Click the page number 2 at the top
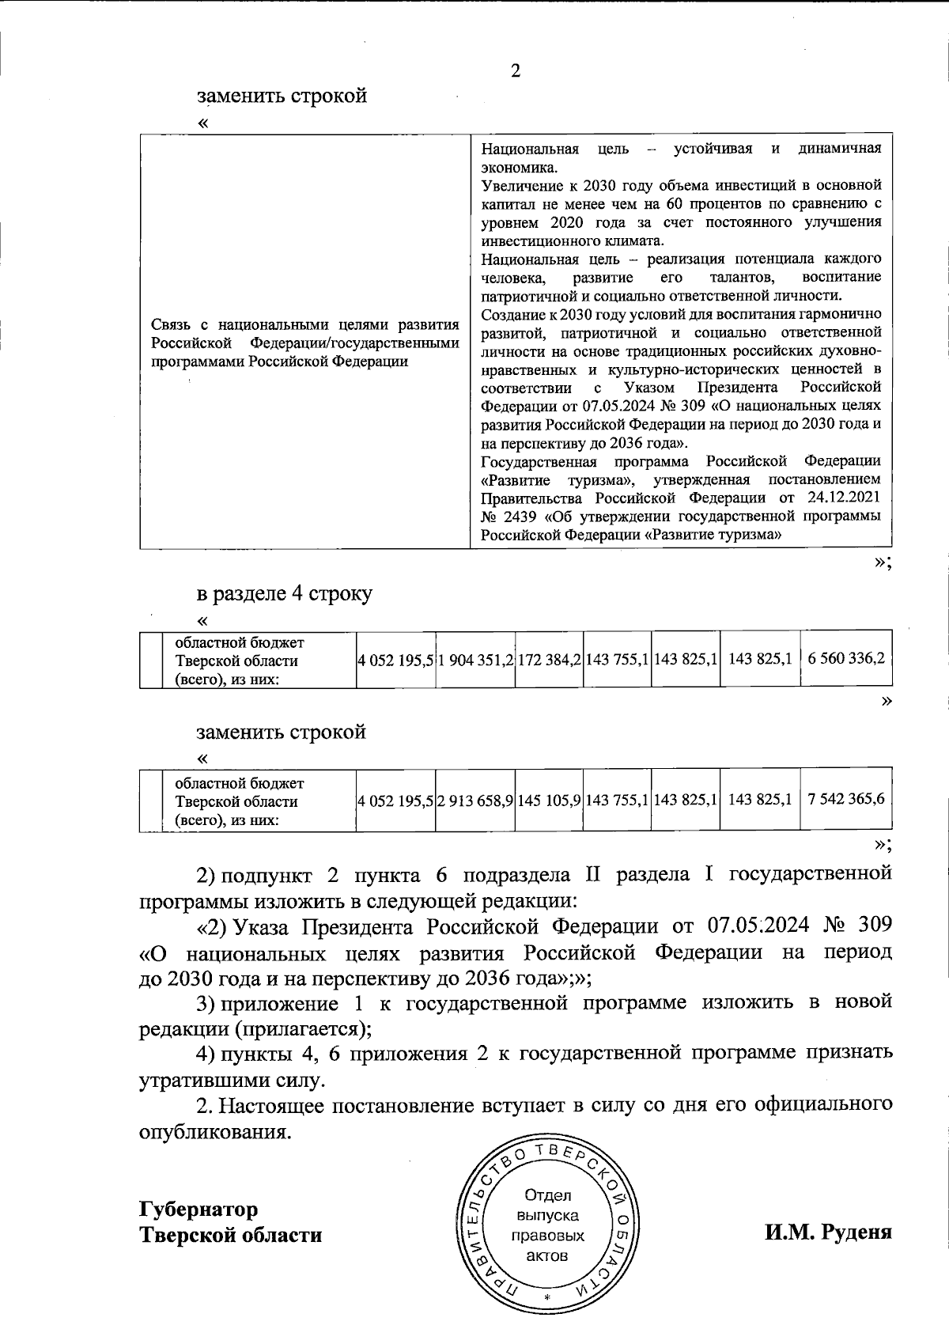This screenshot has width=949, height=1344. click(x=516, y=72)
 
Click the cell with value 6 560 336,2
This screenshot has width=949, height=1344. click(x=846, y=659)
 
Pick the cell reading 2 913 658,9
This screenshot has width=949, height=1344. click(x=475, y=800)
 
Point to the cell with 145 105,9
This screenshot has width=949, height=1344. click(x=550, y=800)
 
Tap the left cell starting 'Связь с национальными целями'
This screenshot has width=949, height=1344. click(x=305, y=343)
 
